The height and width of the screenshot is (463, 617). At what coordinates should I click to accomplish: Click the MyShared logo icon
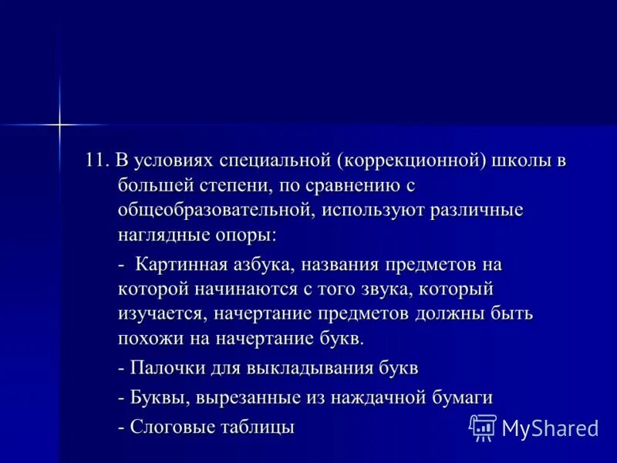point(483,427)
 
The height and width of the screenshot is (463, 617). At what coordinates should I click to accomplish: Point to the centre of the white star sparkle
point(58,123)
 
